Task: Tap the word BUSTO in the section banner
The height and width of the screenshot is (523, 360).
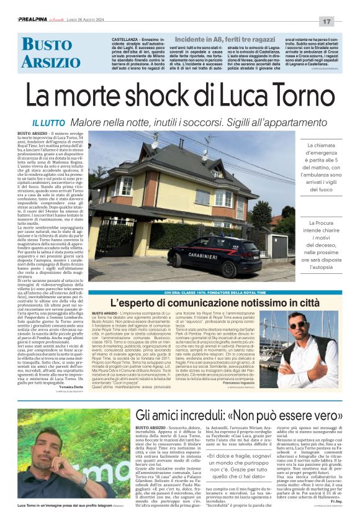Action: point(47,45)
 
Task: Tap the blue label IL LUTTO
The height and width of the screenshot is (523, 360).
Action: point(48,124)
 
